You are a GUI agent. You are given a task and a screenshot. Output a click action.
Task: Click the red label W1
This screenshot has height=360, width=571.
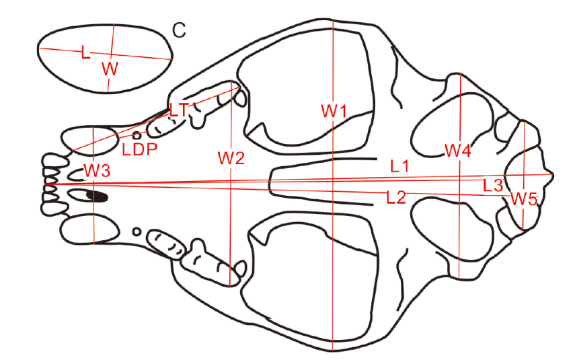coord(333,111)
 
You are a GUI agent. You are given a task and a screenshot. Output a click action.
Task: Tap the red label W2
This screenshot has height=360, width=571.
coord(231,159)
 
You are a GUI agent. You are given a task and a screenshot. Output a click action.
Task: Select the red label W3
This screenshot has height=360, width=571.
coord(97,170)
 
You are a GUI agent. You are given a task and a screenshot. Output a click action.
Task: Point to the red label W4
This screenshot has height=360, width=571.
coord(457,151)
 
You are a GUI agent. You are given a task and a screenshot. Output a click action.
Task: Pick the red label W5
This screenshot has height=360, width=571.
coord(523,199)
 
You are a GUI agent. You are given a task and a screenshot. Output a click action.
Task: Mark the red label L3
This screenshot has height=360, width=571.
coord(493,184)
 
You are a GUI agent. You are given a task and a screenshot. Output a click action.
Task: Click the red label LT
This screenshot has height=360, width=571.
coord(178,110)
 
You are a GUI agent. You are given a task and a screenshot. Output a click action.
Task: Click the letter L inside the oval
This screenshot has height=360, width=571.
coord(85,53)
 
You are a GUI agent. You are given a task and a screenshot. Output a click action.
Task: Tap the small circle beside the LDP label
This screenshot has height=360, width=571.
coord(137,135)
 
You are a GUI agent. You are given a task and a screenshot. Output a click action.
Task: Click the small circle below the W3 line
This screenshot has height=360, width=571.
coord(137,232)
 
